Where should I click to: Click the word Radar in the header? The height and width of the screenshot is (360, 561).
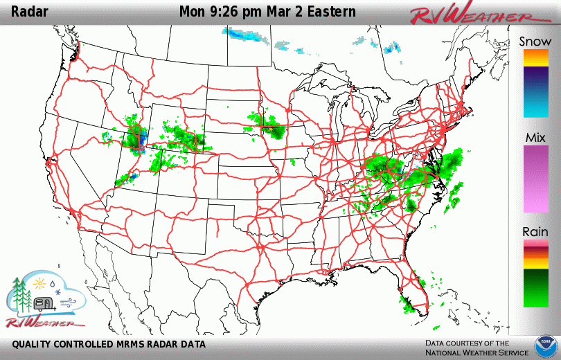tap(30, 12)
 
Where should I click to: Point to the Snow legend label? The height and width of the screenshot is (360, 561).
tap(535, 42)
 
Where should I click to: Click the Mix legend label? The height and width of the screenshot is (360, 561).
tap(535, 136)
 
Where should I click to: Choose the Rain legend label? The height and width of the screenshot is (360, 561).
tap(535, 232)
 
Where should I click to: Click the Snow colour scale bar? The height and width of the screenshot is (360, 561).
tap(535, 83)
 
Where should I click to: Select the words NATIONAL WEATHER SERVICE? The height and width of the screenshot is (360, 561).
tap(467, 352)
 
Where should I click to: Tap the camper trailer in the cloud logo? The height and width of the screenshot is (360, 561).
tap(44, 303)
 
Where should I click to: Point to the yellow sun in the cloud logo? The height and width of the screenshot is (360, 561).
tap(40, 283)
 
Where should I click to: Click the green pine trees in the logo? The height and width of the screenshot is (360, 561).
tap(21, 294)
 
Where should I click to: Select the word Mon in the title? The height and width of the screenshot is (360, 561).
tap(193, 12)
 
